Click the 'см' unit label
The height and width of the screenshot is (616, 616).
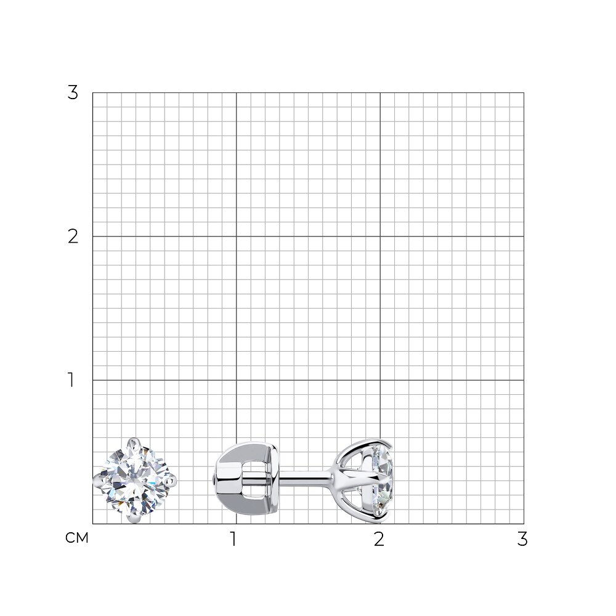click(x=77, y=538)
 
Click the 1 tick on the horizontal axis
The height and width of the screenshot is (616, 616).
click(x=233, y=539)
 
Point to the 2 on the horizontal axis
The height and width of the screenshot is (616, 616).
click(x=379, y=539)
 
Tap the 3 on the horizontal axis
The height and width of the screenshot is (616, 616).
click(x=522, y=539)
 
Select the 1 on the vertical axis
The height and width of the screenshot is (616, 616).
click(x=71, y=380)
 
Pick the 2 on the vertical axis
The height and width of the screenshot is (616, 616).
click(x=73, y=237)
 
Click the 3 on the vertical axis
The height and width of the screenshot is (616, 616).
click(x=73, y=93)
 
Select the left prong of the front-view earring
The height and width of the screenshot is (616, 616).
click(x=97, y=480)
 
